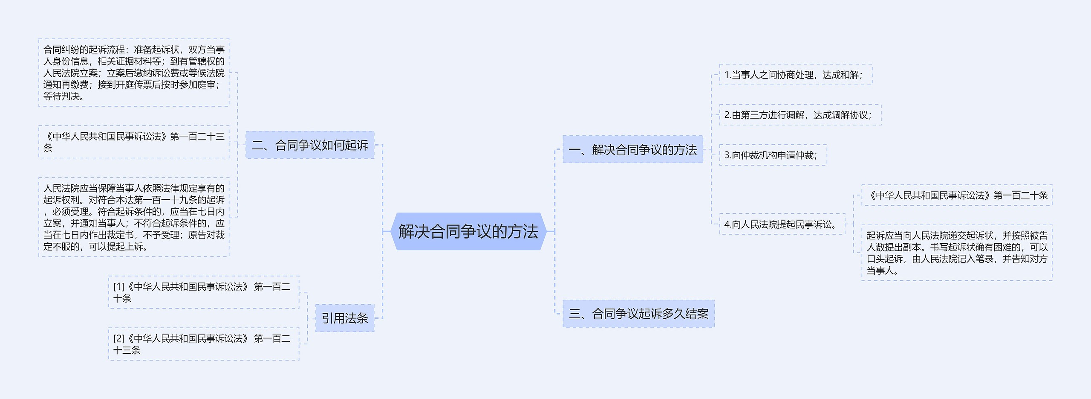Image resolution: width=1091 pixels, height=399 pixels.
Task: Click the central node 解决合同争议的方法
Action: [468, 231]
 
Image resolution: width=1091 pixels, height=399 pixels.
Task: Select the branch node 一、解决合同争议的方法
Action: [632, 150]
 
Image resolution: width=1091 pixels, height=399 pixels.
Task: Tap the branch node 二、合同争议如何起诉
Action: [310, 145]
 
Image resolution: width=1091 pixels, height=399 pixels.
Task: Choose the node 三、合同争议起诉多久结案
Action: [638, 314]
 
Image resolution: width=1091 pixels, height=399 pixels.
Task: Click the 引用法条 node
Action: [344, 318]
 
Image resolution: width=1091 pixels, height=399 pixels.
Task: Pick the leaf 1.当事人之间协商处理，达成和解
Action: [795, 75]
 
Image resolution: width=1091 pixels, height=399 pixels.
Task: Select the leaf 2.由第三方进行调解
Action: [800, 115]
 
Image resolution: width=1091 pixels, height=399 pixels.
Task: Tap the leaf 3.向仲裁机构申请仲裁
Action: [773, 155]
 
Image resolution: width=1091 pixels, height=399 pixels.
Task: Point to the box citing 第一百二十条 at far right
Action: [956, 195]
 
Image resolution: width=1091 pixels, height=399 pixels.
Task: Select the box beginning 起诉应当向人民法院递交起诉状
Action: [956, 253]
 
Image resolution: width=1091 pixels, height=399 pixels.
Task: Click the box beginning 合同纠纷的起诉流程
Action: [134, 73]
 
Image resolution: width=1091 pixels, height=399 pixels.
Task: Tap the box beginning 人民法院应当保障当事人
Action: [134, 217]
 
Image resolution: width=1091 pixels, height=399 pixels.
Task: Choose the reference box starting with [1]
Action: [203, 292]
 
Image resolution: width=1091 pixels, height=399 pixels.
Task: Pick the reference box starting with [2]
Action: [203, 344]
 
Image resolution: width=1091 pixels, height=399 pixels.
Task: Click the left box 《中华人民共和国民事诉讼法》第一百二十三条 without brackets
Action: [134, 142]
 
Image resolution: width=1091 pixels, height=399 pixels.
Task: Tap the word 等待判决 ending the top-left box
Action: [61, 96]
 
